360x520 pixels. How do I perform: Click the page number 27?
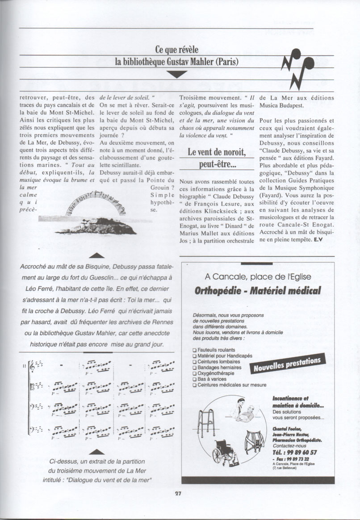pyautogui.click(x=178, y=494)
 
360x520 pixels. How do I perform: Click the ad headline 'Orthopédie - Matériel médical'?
pyautogui.click(x=258, y=291)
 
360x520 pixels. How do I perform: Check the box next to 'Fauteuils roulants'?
pyautogui.click(x=194, y=350)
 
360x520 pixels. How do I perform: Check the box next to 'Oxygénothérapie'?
pyautogui.click(x=194, y=373)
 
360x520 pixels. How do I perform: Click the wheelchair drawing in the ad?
pyautogui.click(x=226, y=451)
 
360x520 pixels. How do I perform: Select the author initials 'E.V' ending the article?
pyautogui.click(x=318, y=240)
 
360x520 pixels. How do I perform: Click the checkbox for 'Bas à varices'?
pyautogui.click(x=194, y=379)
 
